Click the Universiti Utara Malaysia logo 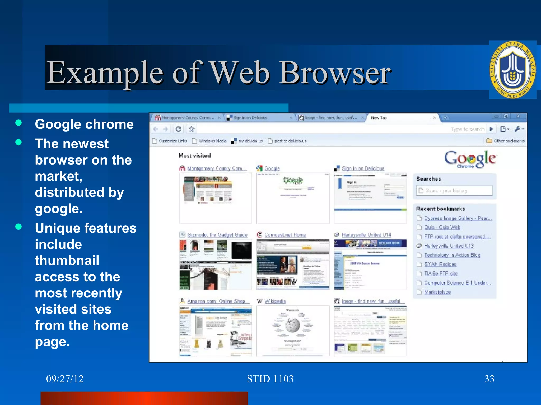[x=512, y=70]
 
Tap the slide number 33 [x=489, y=379]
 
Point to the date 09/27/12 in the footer [x=65, y=379]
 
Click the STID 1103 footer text [x=270, y=379]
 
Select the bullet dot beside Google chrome [x=18, y=123]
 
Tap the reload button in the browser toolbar [x=178, y=129]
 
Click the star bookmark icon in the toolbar [x=192, y=129]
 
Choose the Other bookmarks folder [x=506, y=141]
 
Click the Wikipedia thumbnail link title [x=275, y=301]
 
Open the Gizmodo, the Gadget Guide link [x=217, y=235]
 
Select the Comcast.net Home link [x=285, y=235]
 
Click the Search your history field [x=454, y=190]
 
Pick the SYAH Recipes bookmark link [x=440, y=264]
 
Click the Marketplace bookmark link [x=437, y=292]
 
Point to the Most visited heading [x=194, y=156]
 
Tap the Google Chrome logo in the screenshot [x=470, y=159]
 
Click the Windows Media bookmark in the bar [x=212, y=141]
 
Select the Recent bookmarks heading [x=440, y=209]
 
